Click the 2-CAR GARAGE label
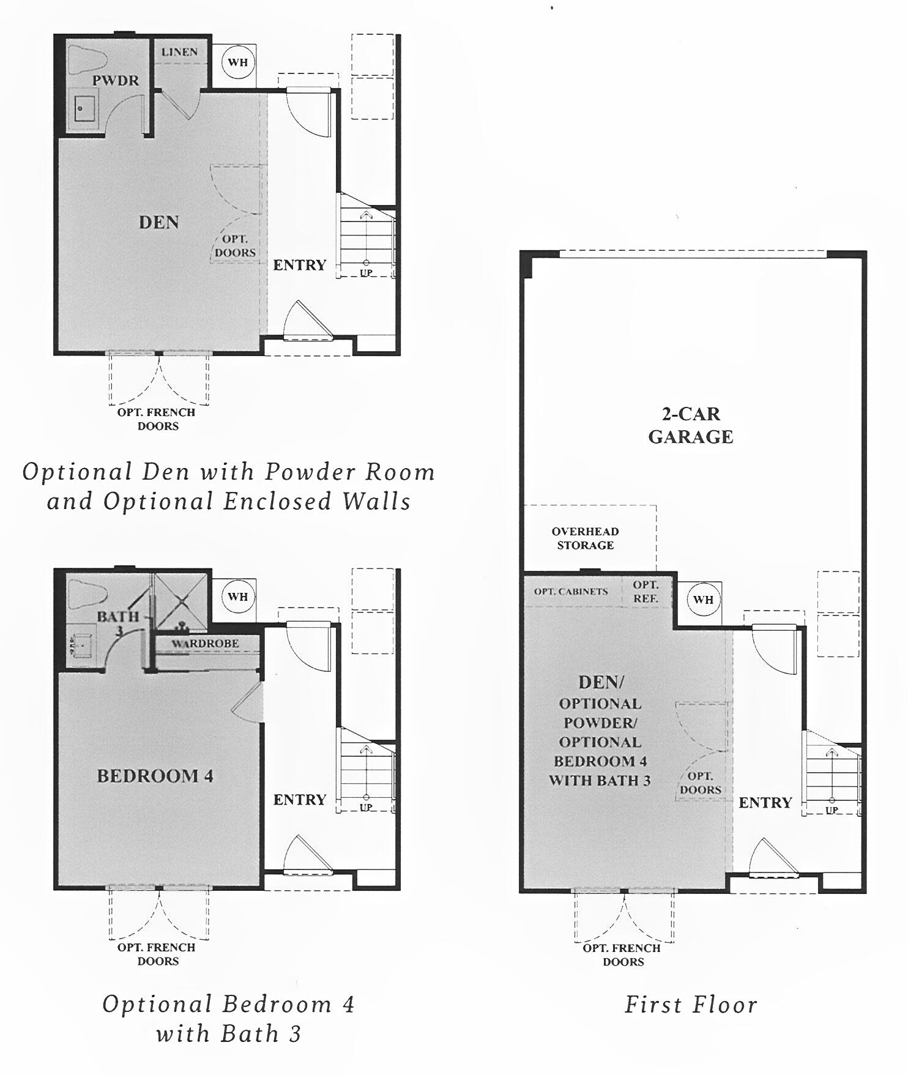[690, 425]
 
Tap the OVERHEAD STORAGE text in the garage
[585, 538]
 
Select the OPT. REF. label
[646, 592]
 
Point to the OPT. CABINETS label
[571, 592]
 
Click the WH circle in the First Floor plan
[703, 600]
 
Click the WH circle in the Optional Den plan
[238, 62]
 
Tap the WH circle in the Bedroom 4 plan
[238, 596]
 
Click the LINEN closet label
[179, 52]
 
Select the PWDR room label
[116, 80]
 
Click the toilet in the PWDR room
[87, 58]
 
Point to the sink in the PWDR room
[83, 109]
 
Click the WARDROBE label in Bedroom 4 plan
[205, 644]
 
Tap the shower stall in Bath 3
[181, 601]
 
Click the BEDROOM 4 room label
[155, 776]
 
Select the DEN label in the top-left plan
[158, 222]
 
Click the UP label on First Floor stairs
[832, 810]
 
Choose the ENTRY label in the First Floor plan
[765, 803]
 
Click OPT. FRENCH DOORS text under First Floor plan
[622, 954]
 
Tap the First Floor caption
[690, 1005]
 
